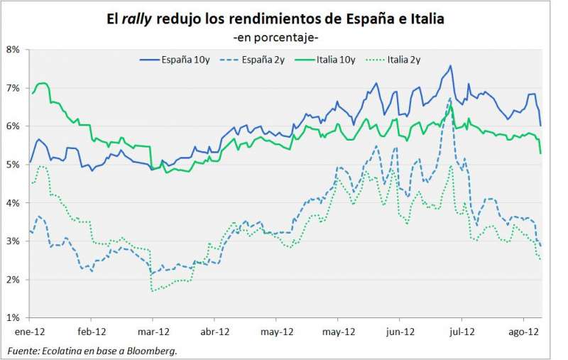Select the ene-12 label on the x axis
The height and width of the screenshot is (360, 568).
(31, 332)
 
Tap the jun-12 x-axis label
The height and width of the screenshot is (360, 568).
(400, 332)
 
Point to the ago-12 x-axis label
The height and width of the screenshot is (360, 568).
(523, 332)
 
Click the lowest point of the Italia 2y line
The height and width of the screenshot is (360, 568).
(152, 290)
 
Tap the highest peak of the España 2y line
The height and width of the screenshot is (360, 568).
(450, 99)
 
